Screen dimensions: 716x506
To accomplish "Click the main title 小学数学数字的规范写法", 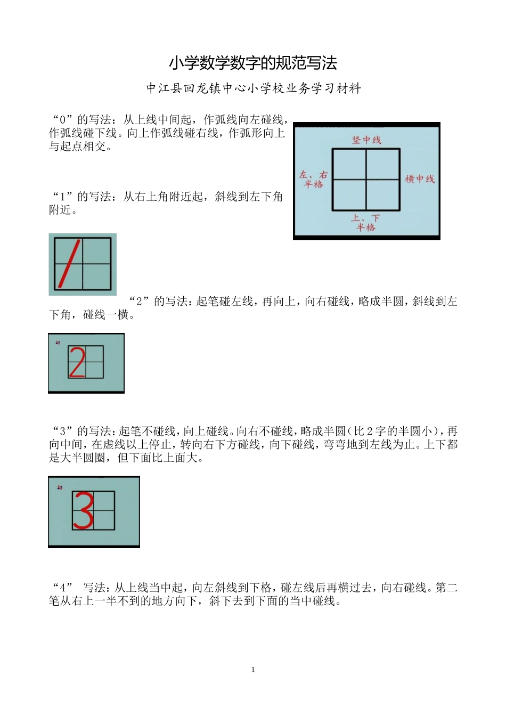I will (253, 63).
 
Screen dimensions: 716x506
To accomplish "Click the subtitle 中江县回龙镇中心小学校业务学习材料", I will (254, 88).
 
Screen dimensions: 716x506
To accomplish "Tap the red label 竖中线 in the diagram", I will (366, 140).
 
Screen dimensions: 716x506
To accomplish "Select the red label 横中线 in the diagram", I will (420, 179).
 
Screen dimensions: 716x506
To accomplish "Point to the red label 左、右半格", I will (313, 179).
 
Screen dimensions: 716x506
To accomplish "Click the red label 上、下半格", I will (365, 223).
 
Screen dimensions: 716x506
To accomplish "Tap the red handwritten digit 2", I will (77, 362).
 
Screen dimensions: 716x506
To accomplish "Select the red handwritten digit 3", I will (83, 510).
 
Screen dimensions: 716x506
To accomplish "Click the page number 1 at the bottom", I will (253, 670).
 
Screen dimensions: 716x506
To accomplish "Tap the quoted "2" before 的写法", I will (139, 302).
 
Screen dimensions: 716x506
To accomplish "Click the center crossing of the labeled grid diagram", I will (366, 180).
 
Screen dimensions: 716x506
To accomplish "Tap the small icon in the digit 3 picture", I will (60, 487).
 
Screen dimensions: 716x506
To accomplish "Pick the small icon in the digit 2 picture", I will (58, 343).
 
